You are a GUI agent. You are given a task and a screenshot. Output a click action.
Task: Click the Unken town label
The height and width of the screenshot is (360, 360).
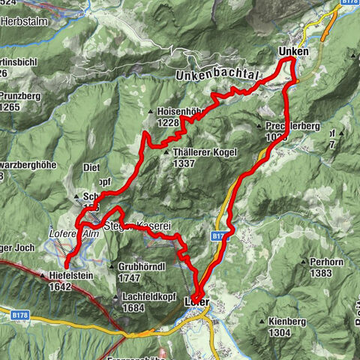coord(293,51)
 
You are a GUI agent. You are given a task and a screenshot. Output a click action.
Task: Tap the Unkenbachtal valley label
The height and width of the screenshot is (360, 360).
coord(217,76)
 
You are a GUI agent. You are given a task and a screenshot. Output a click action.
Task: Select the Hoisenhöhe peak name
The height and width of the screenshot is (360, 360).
coord(181,110)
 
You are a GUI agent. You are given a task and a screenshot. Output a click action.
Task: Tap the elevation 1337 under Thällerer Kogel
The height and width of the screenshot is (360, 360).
coord(184,164)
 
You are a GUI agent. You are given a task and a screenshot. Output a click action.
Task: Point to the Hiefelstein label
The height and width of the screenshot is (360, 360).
coord(73,274)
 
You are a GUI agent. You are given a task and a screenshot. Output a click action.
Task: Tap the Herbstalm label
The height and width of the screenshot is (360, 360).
coord(25,22)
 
